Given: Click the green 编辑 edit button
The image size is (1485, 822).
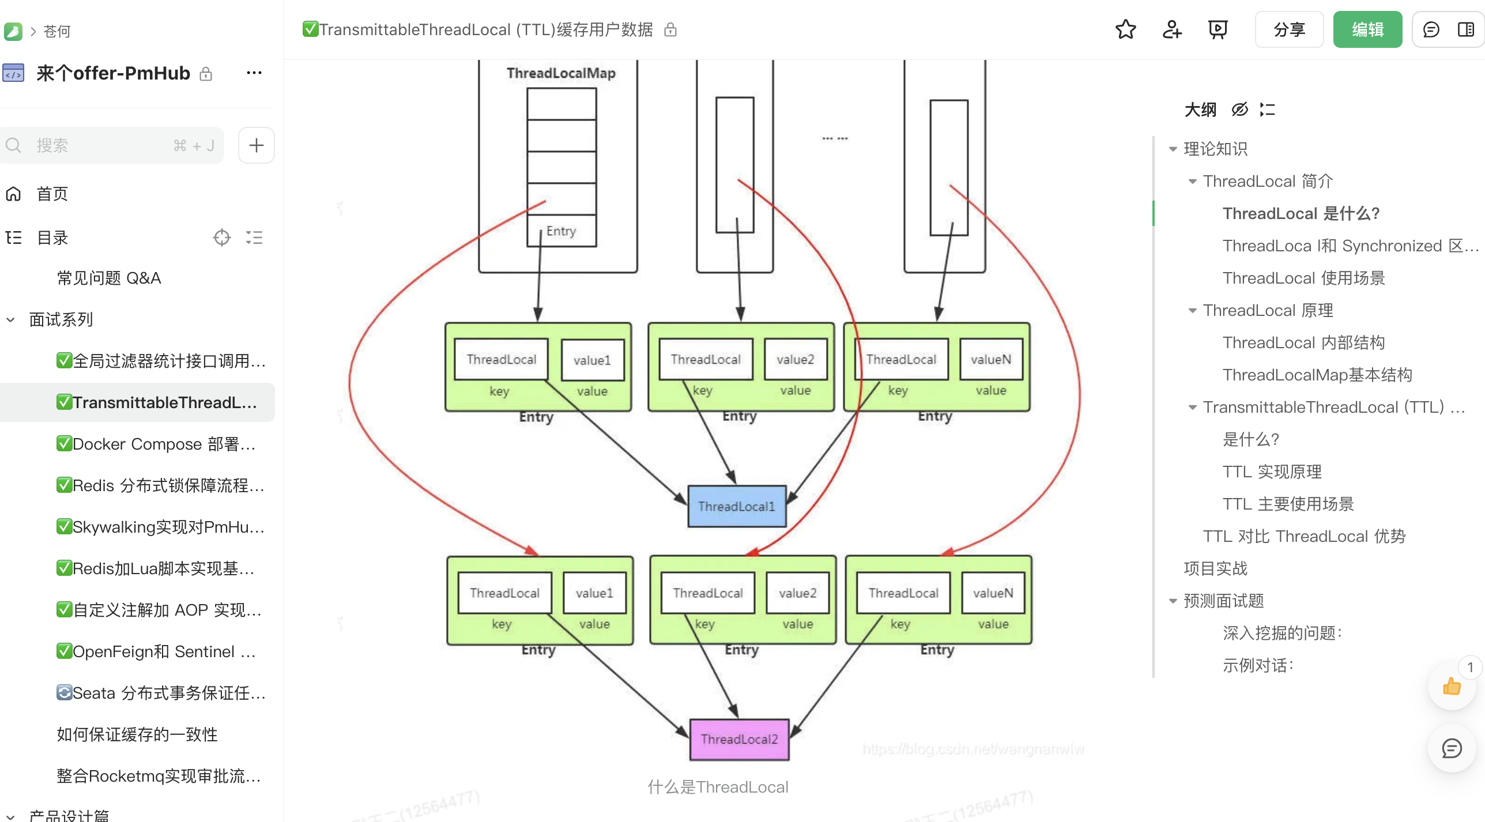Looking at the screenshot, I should click(x=1367, y=29).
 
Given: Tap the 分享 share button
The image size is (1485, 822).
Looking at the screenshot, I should click(x=1288, y=29).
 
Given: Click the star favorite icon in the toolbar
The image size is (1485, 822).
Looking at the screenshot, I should click(x=1125, y=29).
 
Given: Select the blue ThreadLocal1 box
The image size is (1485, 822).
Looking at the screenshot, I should click(x=736, y=506).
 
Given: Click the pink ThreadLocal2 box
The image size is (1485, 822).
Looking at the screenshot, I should click(x=739, y=739).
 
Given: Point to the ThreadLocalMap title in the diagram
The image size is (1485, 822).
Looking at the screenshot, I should click(x=561, y=73).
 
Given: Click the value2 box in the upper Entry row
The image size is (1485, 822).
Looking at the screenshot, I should click(x=795, y=360).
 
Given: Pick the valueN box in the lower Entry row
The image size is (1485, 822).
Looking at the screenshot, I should click(x=993, y=593).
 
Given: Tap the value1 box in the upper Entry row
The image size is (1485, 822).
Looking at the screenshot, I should click(x=592, y=360).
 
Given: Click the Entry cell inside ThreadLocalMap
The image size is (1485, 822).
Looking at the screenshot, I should click(x=561, y=231).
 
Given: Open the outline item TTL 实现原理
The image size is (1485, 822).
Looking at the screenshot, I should click(x=1272, y=472).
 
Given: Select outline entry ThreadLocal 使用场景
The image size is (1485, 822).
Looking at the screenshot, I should click(x=1303, y=278).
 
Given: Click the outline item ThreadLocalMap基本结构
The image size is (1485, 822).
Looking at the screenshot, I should click(x=1317, y=375).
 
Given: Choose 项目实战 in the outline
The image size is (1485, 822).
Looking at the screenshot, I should click(x=1215, y=568).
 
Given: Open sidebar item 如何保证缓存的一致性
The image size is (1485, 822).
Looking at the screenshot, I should click(x=137, y=734).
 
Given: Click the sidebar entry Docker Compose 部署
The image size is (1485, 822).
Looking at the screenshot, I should click(x=156, y=444).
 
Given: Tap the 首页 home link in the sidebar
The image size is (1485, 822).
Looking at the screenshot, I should click(x=52, y=194).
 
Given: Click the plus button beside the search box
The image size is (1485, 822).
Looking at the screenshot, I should click(x=256, y=145).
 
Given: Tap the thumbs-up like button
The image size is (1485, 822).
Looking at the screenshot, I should click(x=1451, y=687).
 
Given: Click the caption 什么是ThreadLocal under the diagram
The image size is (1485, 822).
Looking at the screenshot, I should click(x=718, y=787).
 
